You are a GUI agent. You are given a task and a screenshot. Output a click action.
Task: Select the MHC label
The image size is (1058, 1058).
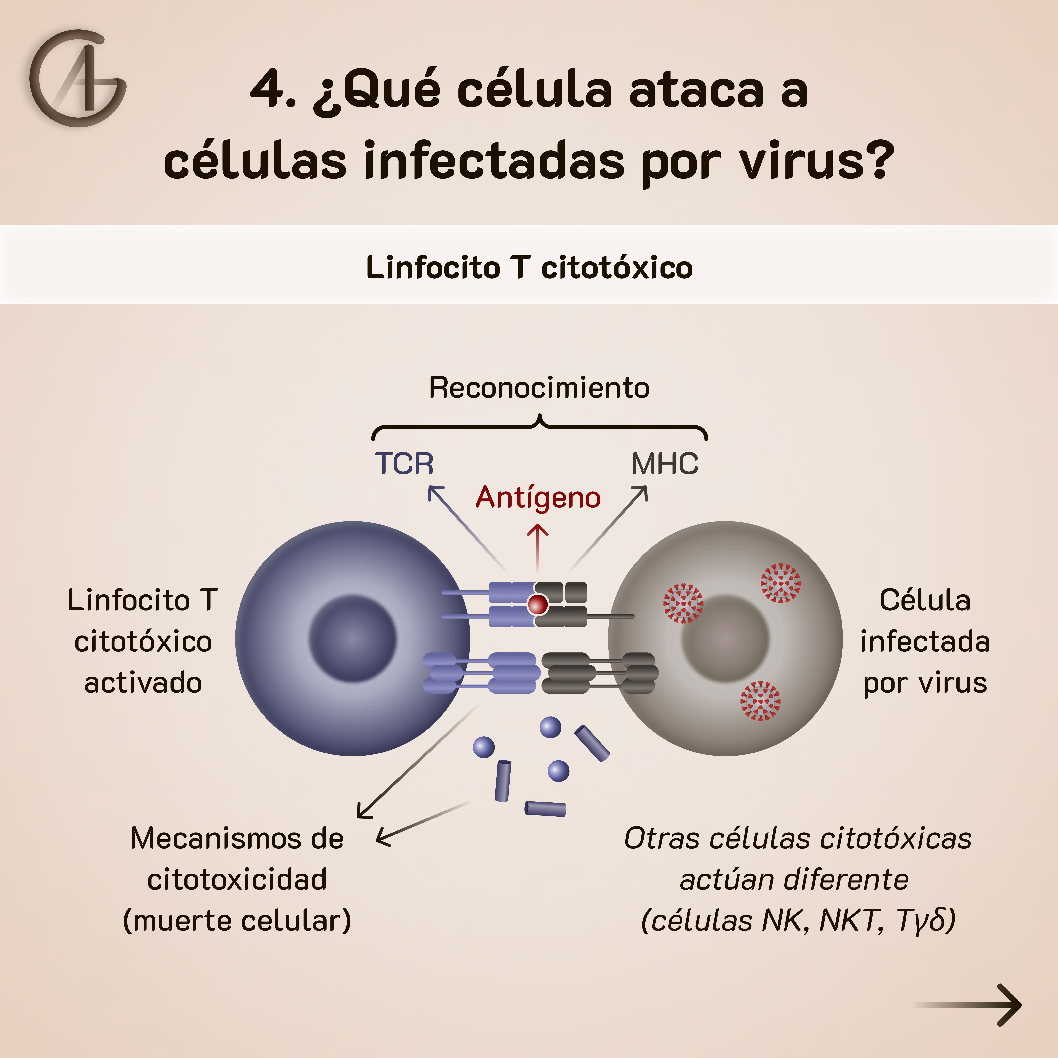[665, 464]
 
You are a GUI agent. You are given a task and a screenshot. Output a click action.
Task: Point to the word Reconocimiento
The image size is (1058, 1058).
[539, 388]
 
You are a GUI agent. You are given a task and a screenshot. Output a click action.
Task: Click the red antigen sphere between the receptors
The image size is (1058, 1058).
[537, 605]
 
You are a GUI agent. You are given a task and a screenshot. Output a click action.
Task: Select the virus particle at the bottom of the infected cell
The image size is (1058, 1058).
[760, 701]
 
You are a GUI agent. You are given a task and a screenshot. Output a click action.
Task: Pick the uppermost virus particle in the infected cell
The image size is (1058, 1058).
[780, 583]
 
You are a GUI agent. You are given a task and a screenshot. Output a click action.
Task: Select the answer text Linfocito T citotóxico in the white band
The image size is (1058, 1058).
[529, 267]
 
